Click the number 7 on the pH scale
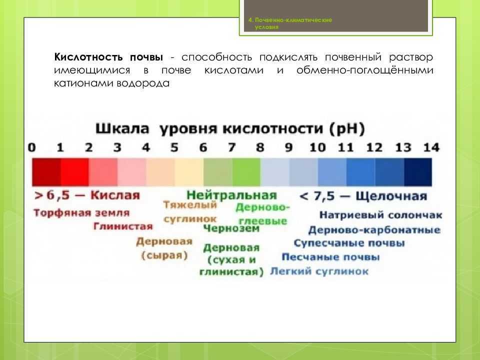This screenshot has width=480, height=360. (231, 147)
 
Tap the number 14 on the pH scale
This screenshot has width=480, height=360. (431, 147)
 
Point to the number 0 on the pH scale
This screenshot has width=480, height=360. (32, 147)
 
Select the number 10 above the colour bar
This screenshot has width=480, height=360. (317, 147)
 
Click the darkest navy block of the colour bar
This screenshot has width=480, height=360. (418, 172)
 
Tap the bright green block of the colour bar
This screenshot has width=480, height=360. (246, 172)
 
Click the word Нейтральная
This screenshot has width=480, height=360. (231, 194)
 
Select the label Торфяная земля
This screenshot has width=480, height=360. (81, 212)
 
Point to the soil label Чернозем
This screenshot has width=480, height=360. (231, 228)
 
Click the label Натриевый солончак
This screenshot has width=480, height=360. (380, 215)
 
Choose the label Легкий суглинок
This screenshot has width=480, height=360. (319, 271)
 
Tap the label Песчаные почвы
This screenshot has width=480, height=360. (330, 257)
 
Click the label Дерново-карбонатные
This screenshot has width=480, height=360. (374, 230)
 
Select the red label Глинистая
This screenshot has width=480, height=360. (122, 226)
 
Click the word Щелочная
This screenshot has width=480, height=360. (391, 195)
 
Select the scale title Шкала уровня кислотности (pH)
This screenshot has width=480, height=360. (230, 128)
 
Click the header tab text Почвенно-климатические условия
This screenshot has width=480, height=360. (290, 23)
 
